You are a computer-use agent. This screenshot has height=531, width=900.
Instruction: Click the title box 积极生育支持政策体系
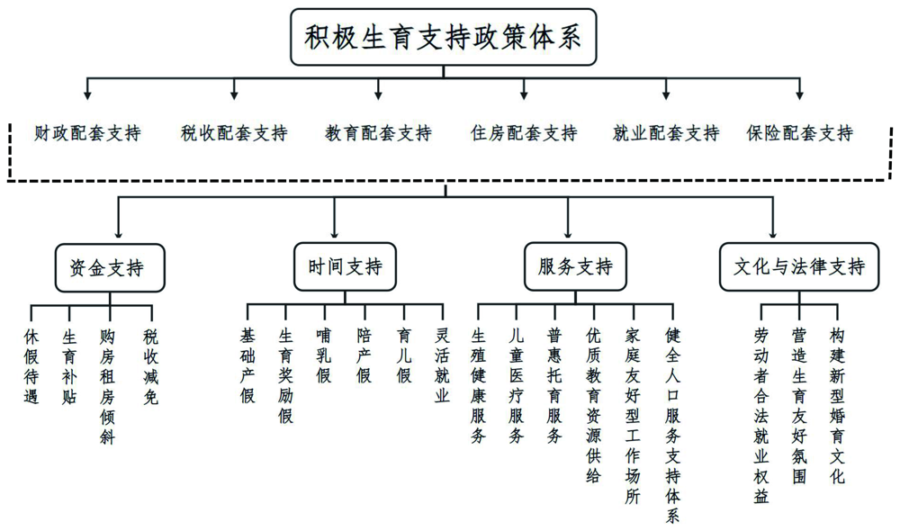(443, 37)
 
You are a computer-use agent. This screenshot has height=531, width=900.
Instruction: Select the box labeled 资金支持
(110, 267)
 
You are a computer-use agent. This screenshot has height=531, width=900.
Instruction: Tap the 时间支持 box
(345, 266)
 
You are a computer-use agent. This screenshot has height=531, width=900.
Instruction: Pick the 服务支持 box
(575, 266)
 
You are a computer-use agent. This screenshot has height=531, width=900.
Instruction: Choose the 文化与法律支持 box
(799, 266)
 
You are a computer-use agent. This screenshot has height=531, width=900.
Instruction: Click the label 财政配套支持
(87, 133)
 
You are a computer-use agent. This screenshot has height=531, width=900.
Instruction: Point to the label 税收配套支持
(234, 133)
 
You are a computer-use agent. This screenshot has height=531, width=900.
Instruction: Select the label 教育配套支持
(378, 133)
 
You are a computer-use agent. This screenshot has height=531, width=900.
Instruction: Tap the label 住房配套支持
(524, 133)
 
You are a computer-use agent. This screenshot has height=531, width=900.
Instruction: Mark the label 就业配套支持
(666, 133)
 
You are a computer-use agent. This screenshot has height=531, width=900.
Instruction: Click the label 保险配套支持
(799, 133)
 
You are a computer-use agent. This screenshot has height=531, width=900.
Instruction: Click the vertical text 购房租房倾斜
(107, 386)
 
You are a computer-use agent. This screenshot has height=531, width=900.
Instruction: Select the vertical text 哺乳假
(324, 355)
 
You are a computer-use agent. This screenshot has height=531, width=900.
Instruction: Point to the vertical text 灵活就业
(442, 365)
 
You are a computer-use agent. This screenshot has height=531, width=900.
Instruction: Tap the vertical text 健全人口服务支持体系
(672, 426)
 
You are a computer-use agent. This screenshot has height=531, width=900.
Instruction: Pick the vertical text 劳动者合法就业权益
(761, 416)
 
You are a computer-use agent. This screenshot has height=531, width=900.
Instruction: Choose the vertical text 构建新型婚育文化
(837, 406)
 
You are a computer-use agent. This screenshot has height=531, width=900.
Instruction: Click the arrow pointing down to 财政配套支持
(87, 88)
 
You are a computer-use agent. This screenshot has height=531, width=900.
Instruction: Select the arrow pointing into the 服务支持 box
(568, 218)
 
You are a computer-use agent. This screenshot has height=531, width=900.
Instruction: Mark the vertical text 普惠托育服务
(553, 386)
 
